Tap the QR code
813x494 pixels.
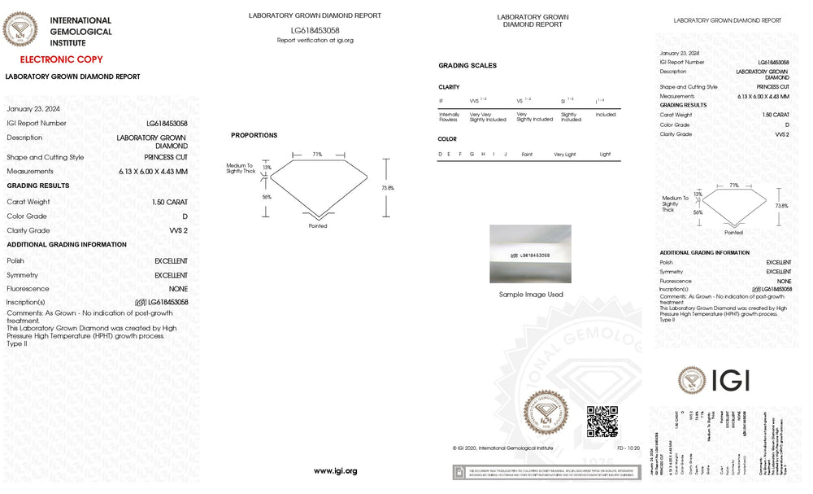[602, 421]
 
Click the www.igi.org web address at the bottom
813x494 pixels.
[335, 471]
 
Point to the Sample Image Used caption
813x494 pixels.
[531, 295]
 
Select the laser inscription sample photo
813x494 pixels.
[530, 254]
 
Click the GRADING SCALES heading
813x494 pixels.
[467, 65]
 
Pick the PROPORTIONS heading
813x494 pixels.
[254, 135]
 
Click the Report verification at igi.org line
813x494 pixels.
[315, 40]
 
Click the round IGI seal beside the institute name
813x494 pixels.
[20, 30]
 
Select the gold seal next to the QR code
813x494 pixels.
[546, 415]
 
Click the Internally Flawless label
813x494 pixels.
[450, 117]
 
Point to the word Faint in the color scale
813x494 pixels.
[527, 154]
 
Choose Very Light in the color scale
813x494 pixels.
[565, 154]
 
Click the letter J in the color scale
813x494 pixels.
[505, 154]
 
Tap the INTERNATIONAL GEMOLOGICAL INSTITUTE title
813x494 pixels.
[80, 31]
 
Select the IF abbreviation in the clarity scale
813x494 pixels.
[441, 101]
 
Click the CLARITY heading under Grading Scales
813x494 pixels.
[449, 87]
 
